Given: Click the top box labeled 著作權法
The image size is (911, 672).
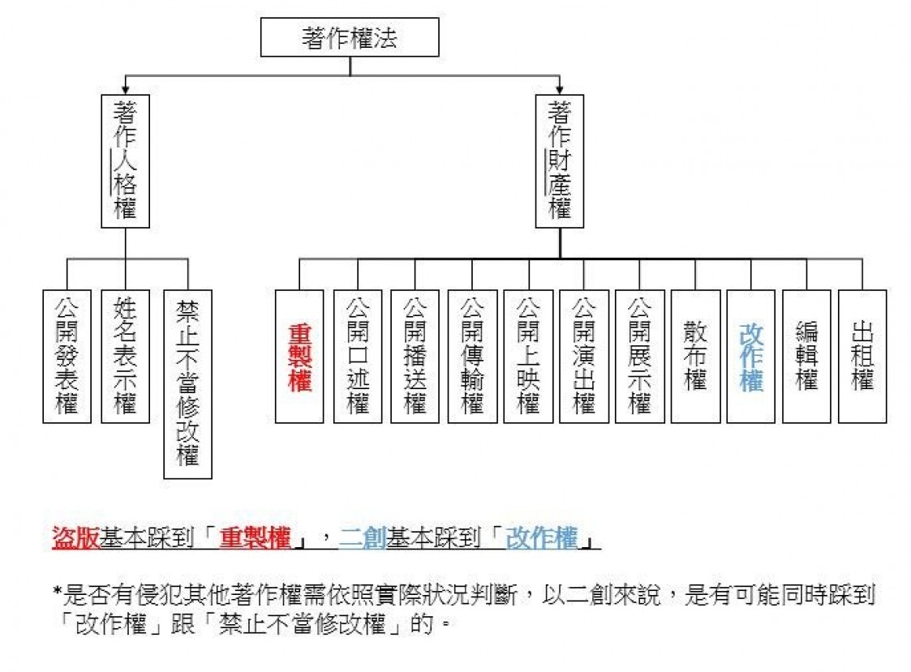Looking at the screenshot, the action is (350, 37).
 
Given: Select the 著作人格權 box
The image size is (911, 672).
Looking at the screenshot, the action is (126, 161).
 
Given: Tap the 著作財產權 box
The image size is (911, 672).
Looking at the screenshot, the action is (560, 161).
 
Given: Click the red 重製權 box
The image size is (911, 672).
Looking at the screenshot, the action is (299, 356).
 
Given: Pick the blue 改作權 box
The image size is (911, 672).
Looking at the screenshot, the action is (750, 356).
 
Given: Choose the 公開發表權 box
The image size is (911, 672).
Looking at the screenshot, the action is (67, 356).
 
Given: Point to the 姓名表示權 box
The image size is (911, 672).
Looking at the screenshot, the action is (126, 356).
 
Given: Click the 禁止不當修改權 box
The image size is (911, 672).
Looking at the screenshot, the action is (187, 384).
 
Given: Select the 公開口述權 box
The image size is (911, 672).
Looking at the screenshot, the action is (358, 356).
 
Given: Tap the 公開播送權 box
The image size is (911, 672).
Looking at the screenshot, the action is (415, 356).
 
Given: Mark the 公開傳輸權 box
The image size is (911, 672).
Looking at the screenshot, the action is (472, 356).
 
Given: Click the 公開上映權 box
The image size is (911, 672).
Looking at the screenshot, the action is (528, 356).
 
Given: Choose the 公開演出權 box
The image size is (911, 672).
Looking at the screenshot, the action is (584, 356).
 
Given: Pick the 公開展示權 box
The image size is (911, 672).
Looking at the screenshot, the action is (640, 356).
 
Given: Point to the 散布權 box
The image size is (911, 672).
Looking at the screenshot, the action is (695, 356).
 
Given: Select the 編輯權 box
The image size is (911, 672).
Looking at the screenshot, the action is (806, 356).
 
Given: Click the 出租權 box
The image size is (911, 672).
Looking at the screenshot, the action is (862, 356).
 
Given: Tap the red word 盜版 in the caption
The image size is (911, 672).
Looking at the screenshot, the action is (75, 537).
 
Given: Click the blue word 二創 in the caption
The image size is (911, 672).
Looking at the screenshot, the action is (363, 537).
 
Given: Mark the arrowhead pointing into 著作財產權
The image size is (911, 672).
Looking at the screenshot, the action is (560, 89).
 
